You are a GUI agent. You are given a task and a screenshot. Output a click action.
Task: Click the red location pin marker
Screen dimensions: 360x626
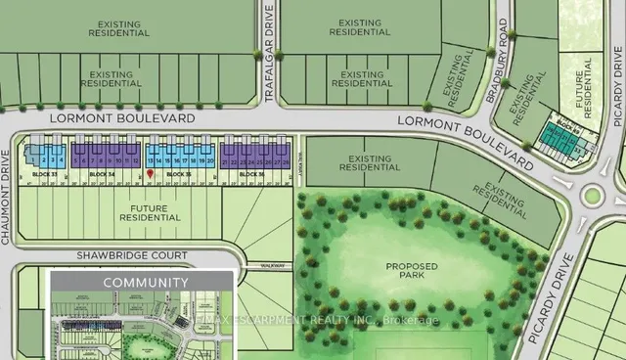pos(150,173)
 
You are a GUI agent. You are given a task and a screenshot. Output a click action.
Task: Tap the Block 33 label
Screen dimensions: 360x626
pos(42,173)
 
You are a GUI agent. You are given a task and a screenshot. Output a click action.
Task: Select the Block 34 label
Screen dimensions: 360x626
pos(102,173)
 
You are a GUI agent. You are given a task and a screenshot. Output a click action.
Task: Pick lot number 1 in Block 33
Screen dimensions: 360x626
pos(32,157)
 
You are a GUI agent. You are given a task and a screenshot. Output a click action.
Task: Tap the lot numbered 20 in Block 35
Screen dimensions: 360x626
pos(212,157)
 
